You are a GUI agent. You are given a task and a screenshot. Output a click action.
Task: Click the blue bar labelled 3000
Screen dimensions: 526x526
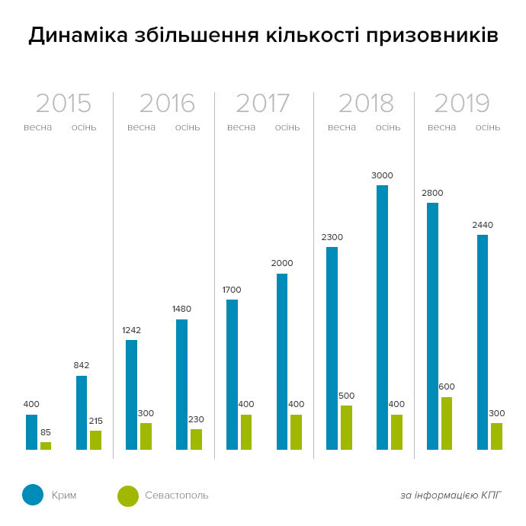coord(382,317)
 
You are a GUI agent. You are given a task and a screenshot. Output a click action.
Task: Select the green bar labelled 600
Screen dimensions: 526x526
coord(447,423)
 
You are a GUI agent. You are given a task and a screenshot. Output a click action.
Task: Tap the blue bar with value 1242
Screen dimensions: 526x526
coord(132,395)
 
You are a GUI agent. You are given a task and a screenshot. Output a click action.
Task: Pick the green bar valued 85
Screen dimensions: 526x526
coord(46,446)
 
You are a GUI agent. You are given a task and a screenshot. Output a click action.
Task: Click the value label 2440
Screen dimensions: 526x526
coord(482,225)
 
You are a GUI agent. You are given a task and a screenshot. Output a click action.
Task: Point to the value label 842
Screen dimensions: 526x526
coord(82,365)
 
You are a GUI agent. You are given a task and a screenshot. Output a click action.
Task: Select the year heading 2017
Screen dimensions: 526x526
coord(262,104)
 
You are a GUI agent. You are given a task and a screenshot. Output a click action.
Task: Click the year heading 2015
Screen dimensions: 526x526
coord(63,104)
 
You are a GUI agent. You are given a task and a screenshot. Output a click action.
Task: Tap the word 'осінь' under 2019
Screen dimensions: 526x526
coord(488,127)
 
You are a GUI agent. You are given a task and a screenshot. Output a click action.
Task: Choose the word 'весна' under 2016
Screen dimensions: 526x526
coord(141,127)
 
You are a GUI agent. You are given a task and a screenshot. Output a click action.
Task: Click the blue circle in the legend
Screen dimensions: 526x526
coord(33,495)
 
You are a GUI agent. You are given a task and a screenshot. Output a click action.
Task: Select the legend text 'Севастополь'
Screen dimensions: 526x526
coord(176,496)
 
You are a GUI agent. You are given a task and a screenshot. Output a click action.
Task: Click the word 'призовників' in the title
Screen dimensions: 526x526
coord(431,36)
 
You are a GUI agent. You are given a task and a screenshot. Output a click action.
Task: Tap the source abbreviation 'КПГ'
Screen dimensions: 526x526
coord(492,496)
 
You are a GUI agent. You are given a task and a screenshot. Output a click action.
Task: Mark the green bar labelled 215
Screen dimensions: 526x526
coord(95,440)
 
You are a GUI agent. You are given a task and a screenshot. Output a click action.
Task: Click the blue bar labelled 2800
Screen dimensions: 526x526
coord(432,326)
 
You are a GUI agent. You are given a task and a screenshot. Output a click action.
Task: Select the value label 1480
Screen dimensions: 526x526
coord(181,309)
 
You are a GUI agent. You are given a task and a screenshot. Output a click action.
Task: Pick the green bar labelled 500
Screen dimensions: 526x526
coord(347,428)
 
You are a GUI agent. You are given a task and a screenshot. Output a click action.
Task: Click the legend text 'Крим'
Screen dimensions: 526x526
coord(64,496)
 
